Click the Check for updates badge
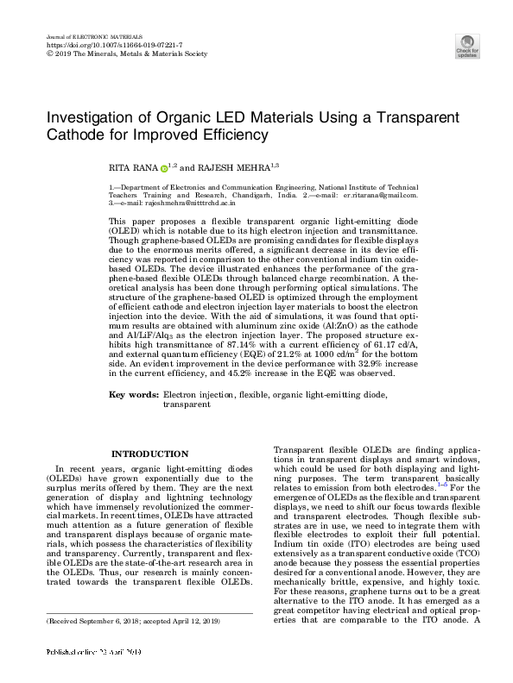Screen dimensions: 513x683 [466, 46]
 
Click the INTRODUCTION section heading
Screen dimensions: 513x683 [151, 454]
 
